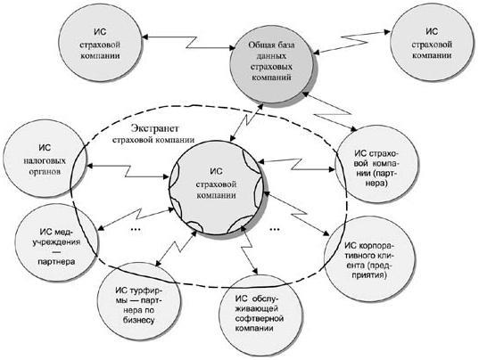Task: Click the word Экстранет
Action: tap(154, 128)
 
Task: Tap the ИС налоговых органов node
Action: tap(45, 159)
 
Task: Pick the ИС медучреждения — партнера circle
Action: tap(57, 243)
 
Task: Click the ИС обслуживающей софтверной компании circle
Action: tap(261, 315)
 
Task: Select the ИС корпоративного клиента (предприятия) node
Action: tap(369, 259)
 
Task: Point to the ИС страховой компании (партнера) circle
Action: tap(376, 164)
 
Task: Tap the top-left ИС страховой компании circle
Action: tap(100, 44)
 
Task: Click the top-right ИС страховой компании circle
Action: tap(432, 43)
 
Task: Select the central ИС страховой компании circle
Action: tap(216, 187)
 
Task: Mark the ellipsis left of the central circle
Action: tap(136, 228)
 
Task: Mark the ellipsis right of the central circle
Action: tap(275, 228)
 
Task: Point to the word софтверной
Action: tap(260, 318)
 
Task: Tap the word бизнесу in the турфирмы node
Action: tap(139, 320)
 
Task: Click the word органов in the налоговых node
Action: tap(45, 171)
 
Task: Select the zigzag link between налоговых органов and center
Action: tap(128, 171)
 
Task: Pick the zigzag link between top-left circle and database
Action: tap(188, 42)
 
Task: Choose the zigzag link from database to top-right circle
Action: tap(352, 42)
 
